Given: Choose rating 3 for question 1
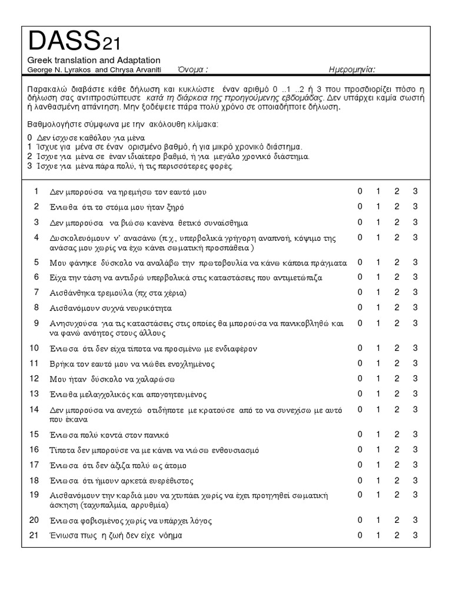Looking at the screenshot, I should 415,191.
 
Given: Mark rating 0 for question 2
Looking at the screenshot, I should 360,206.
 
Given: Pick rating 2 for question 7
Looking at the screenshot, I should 397,292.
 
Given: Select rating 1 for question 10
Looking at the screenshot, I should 378,347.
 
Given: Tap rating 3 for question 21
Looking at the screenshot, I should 415,535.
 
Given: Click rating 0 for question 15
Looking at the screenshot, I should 360,434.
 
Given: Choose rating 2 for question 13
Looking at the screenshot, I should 397,393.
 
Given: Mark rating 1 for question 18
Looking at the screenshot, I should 378,480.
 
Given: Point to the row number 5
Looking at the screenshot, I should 36,262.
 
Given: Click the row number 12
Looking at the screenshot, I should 34,378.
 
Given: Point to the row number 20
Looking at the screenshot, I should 34,520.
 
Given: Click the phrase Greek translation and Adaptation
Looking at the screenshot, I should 94,60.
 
